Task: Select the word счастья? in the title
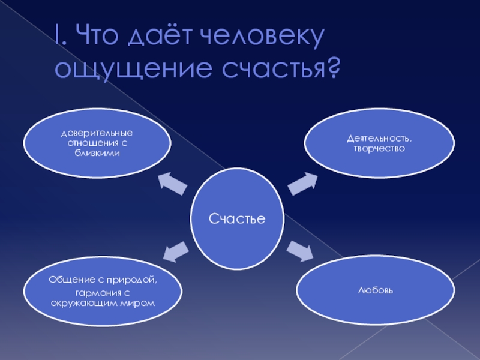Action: pyautogui.click(x=277, y=68)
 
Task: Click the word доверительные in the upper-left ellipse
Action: pyautogui.click(x=97, y=132)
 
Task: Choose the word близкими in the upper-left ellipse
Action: pyautogui.click(x=97, y=153)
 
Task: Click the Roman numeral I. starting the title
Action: pyautogui.click(x=58, y=38)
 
